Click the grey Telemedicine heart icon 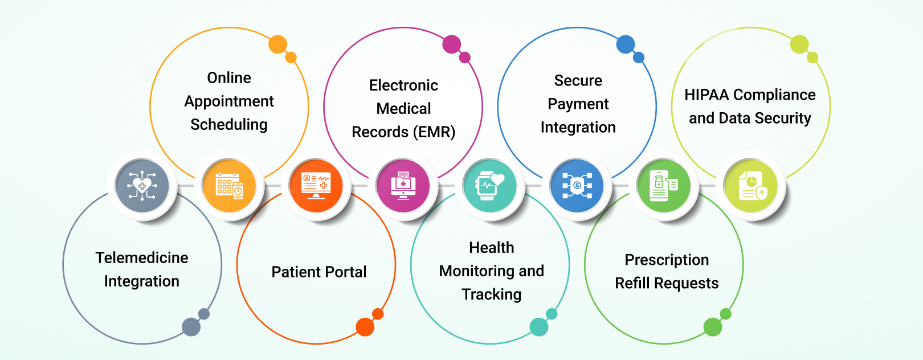click(142, 186)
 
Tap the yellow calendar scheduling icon click(229, 186)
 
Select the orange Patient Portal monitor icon click(316, 186)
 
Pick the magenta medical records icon click(403, 186)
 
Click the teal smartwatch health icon click(490, 186)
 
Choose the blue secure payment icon click(577, 186)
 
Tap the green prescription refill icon click(664, 186)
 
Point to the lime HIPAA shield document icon click(751, 186)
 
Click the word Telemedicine click(142, 258)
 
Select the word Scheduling click(229, 125)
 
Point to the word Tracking click(492, 294)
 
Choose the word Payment click(578, 104)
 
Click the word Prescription click(667, 260)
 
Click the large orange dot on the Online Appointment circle click(277, 44)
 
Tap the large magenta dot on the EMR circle click(451, 44)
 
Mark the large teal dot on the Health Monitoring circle click(538, 327)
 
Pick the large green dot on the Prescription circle click(713, 327)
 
